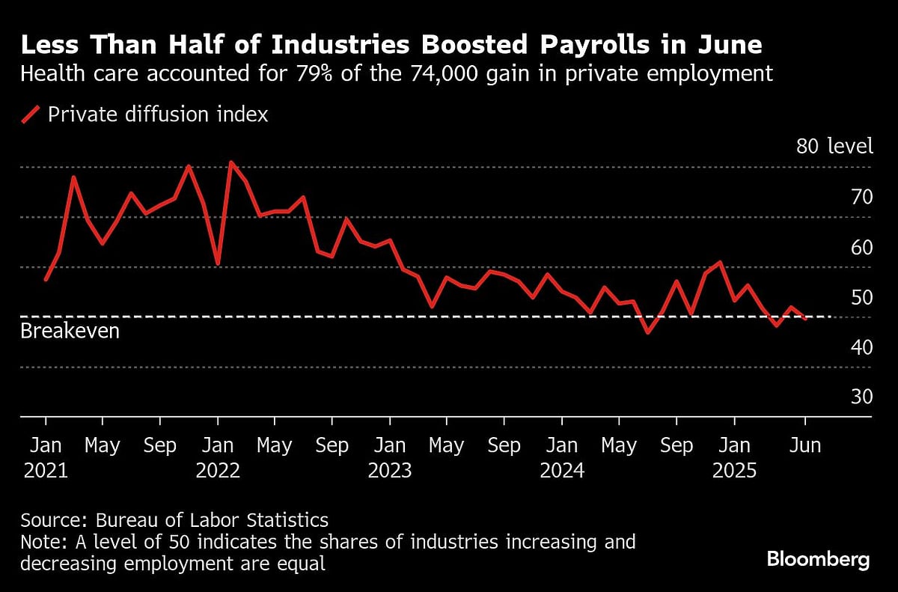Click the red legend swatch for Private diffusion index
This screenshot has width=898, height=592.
31,115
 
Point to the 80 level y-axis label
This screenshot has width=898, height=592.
834,146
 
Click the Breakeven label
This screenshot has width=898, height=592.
70,331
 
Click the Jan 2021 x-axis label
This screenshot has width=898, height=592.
46,458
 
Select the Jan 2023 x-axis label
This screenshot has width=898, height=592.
389,458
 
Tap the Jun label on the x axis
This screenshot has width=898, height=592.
804,445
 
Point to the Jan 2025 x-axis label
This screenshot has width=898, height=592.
734,458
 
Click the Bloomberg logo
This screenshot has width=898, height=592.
818,559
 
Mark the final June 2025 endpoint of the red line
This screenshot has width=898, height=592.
805,319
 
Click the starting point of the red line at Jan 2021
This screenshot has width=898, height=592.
46,280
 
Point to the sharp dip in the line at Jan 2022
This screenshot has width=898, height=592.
217,263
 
